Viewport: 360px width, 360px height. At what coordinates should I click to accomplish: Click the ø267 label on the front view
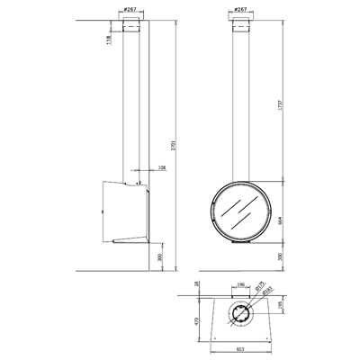click(239, 9)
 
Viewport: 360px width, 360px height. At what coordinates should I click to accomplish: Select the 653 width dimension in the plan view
click(239, 349)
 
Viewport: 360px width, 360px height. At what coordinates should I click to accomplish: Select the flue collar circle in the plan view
click(239, 313)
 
